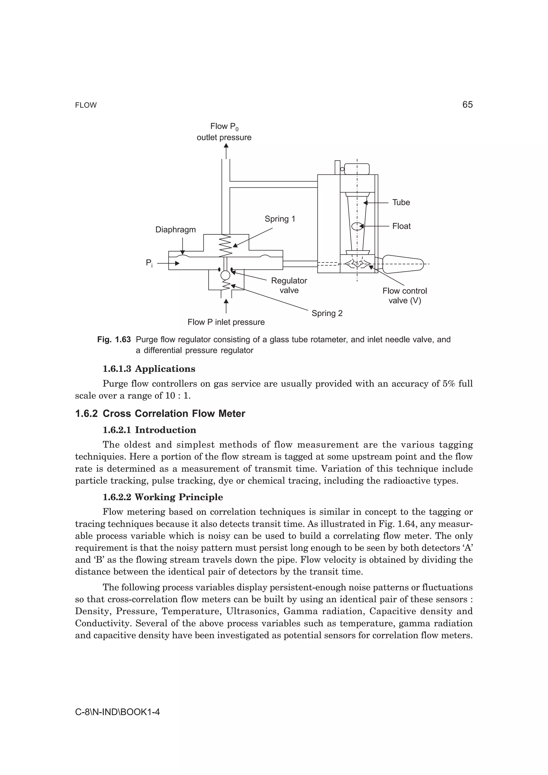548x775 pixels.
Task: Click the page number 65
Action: pyautogui.click(x=467, y=105)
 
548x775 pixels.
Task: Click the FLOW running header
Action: pyautogui.click(x=86, y=105)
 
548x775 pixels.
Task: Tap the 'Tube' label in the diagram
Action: pyautogui.click(x=401, y=202)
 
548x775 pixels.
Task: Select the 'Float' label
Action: pyautogui.click(x=401, y=226)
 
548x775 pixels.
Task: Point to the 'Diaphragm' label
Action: pyautogui.click(x=175, y=230)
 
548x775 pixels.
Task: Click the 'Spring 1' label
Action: pyautogui.click(x=280, y=219)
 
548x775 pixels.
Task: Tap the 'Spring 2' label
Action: pyautogui.click(x=326, y=313)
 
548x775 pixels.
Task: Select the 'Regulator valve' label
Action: pyautogui.click(x=289, y=285)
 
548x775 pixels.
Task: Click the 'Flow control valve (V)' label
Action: pyautogui.click(x=405, y=296)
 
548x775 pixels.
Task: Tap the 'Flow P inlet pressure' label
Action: pyautogui.click(x=226, y=322)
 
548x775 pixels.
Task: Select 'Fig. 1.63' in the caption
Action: pyautogui.click(x=114, y=340)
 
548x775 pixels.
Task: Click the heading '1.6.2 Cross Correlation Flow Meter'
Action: pyautogui.click(x=160, y=413)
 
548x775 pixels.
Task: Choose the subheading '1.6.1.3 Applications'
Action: pyautogui.click(x=149, y=369)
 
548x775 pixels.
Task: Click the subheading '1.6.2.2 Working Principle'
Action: pyautogui.click(x=162, y=497)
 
